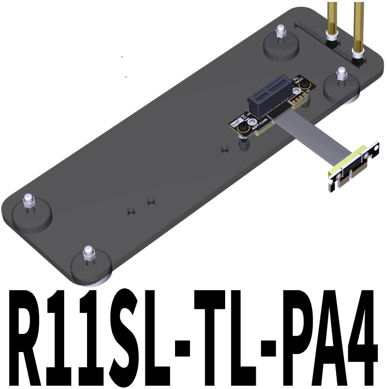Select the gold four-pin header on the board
click(298, 100)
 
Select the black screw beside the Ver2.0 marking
click(307, 86)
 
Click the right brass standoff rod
click(359, 24)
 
